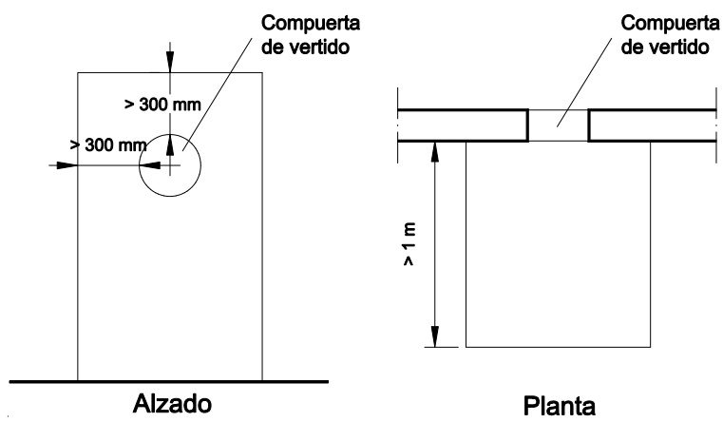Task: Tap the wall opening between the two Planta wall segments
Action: [x=558, y=125]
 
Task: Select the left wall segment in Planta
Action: [x=464, y=125]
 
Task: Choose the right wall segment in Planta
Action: [x=653, y=125]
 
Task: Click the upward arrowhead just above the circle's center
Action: [x=170, y=144]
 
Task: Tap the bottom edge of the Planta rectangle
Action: [x=558, y=346]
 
